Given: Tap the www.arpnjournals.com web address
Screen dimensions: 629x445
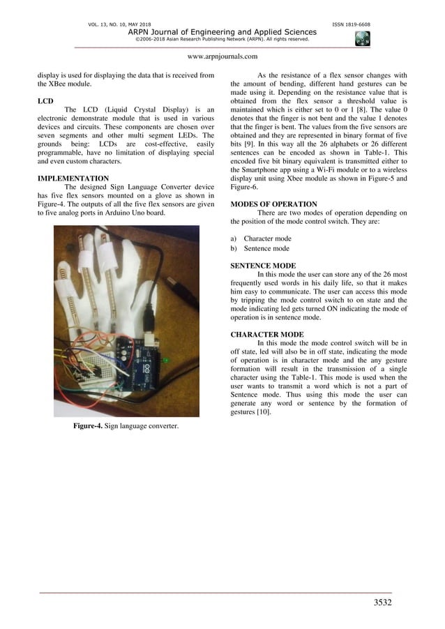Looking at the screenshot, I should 222,56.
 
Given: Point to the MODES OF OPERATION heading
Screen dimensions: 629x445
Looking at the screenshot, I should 273,204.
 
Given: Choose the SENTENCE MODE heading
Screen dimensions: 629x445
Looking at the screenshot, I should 263,266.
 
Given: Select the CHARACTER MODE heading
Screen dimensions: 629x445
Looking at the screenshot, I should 267,334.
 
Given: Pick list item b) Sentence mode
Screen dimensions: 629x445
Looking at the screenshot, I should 261,248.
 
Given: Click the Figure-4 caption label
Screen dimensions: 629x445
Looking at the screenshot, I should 89,426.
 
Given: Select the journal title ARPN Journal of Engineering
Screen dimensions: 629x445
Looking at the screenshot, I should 222,32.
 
